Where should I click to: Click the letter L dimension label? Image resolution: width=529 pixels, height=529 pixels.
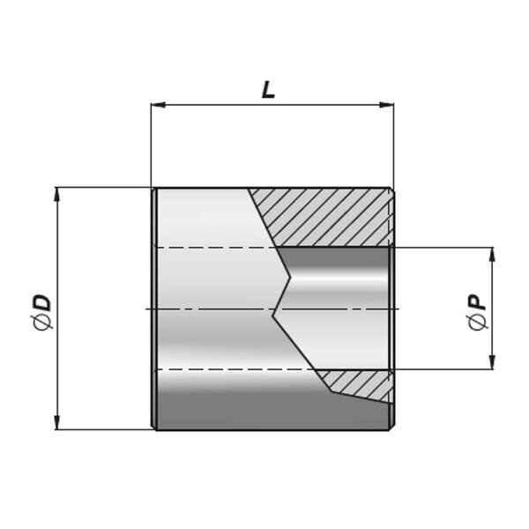[268, 90]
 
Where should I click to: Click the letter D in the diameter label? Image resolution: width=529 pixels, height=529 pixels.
[42, 303]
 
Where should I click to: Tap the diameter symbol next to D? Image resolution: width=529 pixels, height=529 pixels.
[42, 322]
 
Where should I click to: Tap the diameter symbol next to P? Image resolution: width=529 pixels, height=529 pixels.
[477, 322]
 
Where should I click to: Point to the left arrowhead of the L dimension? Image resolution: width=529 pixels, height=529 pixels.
[158, 105]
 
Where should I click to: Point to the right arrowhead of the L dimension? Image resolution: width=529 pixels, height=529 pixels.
[387, 105]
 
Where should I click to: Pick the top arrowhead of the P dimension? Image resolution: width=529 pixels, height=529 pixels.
[492, 255]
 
